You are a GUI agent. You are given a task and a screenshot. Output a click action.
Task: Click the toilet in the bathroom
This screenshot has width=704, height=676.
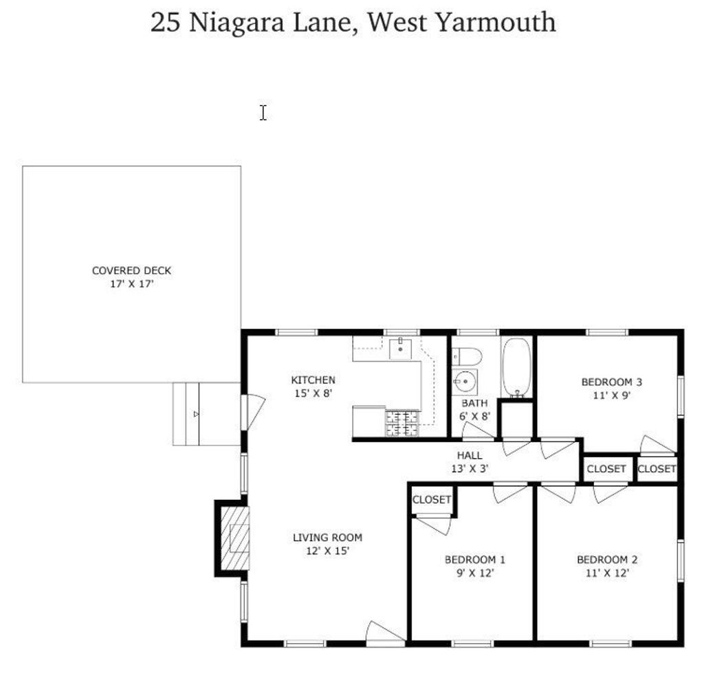pos(467,357)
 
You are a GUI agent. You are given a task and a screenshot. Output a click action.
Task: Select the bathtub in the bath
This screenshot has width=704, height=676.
pos(516,368)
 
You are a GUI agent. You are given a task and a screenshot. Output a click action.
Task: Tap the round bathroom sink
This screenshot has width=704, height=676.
pos(465,382)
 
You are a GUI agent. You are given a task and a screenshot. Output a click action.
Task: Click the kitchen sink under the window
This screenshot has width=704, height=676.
pos(401,349)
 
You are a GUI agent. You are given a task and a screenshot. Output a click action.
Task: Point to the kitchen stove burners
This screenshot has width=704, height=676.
pos(401,423)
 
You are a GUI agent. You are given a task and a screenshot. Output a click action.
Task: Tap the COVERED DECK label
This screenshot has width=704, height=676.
pos(131,270)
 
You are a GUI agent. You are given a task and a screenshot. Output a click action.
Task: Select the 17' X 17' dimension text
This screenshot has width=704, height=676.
pos(132,284)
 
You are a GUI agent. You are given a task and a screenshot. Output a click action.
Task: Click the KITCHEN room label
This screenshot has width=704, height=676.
pos(313,380)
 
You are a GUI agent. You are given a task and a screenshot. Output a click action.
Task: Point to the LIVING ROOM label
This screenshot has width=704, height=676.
pos(327,537)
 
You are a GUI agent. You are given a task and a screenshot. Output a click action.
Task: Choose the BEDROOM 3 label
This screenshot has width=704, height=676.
pos(611,382)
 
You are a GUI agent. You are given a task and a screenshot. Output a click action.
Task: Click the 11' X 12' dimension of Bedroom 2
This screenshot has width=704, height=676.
pos(607,573)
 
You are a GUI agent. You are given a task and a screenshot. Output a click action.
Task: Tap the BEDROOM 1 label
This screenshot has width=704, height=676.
pos(474,560)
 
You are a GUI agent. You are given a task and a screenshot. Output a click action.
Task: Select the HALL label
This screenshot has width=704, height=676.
pos(470,455)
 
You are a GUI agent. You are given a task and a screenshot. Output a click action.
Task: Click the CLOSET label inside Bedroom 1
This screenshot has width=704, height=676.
pos(432,499)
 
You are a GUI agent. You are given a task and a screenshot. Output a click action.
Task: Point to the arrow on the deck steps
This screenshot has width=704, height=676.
pos(196,414)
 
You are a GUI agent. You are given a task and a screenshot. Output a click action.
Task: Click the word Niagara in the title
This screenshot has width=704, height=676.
pos(236,23)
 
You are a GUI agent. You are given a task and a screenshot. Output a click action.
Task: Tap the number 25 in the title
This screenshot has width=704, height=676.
pos(165,23)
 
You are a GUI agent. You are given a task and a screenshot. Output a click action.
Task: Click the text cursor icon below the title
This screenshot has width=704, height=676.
pos(263,113)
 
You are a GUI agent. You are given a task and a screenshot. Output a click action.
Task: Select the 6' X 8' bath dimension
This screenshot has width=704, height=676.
pos(474,416)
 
